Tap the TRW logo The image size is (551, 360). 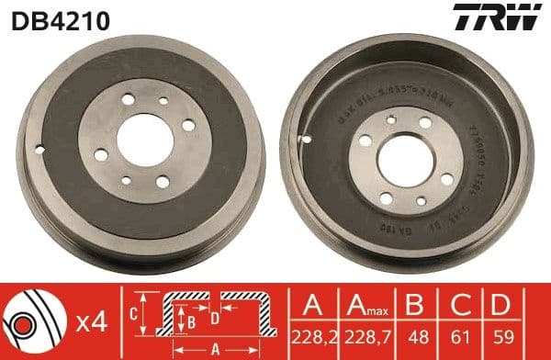(505, 17)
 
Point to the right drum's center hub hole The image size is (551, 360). (405, 160)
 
